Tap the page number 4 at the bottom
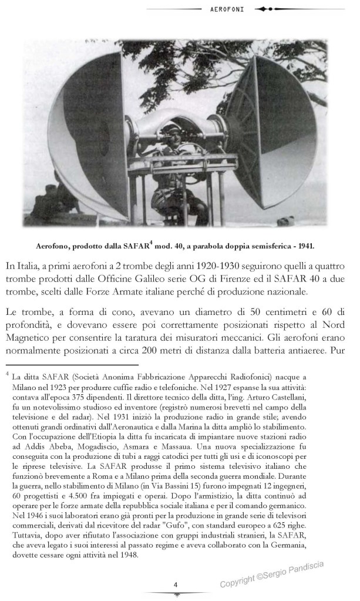click(x=175, y=584)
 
